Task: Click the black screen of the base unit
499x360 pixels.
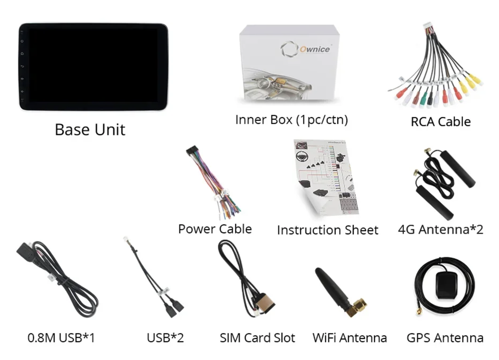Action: point(93,66)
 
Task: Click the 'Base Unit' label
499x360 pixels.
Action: point(90,130)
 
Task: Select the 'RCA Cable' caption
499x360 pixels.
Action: point(441,121)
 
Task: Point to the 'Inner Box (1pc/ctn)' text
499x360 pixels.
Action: point(291,120)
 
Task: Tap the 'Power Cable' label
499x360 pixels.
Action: point(215,229)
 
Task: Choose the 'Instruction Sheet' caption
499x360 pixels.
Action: point(327,230)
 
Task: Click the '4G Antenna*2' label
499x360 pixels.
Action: point(441,229)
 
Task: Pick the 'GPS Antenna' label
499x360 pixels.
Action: point(445,338)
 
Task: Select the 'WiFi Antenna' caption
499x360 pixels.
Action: point(349,338)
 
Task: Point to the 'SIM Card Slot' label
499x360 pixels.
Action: point(257,338)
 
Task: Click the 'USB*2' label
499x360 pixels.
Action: point(165,338)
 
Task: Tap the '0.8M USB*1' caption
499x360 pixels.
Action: point(61,338)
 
